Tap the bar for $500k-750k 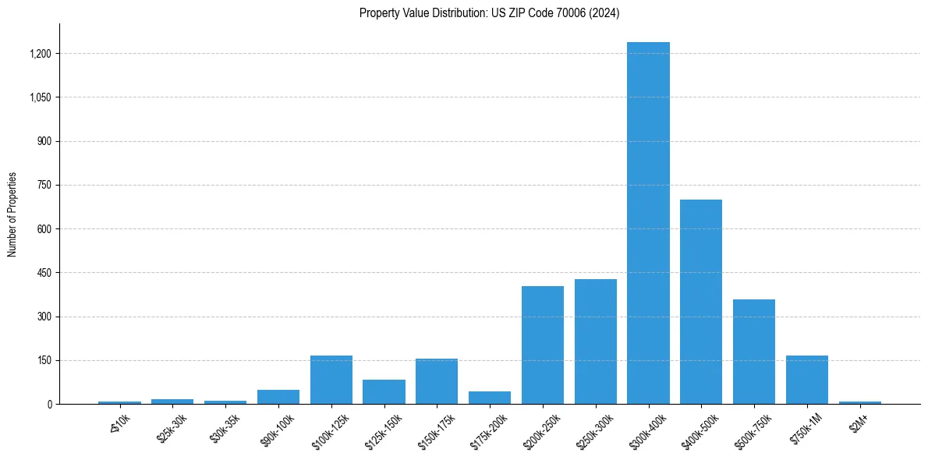(x=754, y=352)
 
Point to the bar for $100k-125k (x=331, y=380)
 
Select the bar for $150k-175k (x=437, y=381)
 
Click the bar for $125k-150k (x=384, y=392)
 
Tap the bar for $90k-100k (x=278, y=397)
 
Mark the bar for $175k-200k (x=490, y=398)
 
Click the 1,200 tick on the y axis (x=41, y=54)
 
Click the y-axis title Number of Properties (x=12, y=214)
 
